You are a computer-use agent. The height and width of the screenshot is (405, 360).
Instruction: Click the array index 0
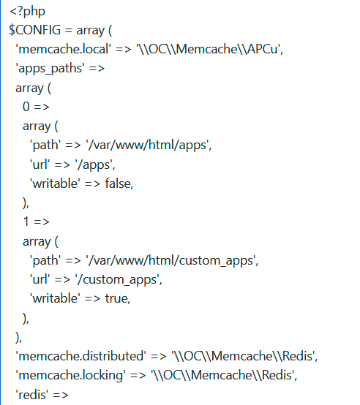pos(26,107)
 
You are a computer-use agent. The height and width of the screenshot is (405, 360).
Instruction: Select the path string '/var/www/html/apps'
pos(150,145)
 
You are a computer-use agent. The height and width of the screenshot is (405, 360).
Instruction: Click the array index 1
pos(26,222)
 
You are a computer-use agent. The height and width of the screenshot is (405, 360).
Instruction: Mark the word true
pos(117,298)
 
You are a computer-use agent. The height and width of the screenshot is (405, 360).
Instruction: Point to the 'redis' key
pos(31,394)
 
